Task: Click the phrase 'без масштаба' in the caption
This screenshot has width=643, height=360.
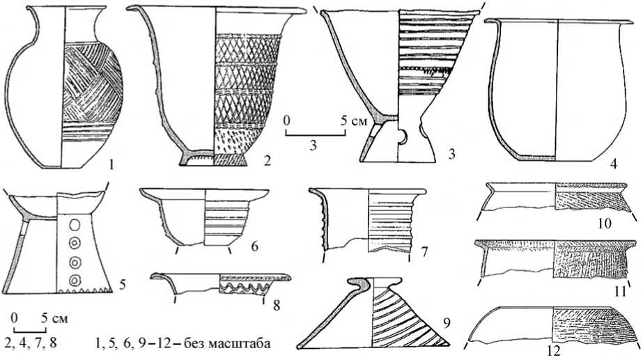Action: point(229,343)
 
